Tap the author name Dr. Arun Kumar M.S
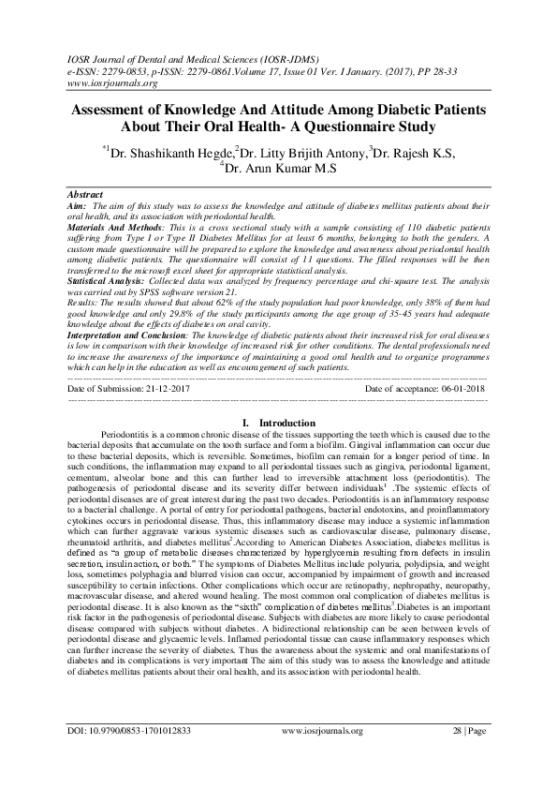(x=279, y=168)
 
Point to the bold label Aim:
(x=78, y=203)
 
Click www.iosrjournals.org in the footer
(x=321, y=756)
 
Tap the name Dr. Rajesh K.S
(x=412, y=151)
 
